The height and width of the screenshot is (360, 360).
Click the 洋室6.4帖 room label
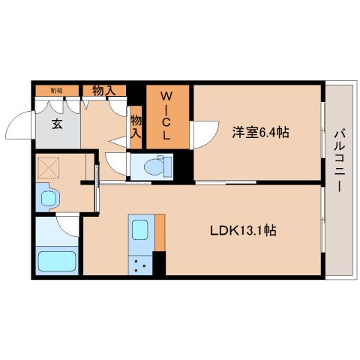click(259, 132)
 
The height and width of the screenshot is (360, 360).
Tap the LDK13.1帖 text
click(242, 231)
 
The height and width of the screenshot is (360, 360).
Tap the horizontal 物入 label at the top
click(103, 91)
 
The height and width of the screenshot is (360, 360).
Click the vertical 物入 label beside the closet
click(136, 127)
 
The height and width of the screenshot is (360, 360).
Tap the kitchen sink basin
click(139, 229)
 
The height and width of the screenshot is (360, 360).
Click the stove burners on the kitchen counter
click(140, 263)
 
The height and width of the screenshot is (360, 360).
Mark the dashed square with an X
click(49, 166)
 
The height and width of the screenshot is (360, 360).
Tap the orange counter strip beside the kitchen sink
click(160, 235)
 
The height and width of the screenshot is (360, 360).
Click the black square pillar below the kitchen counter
click(158, 263)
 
